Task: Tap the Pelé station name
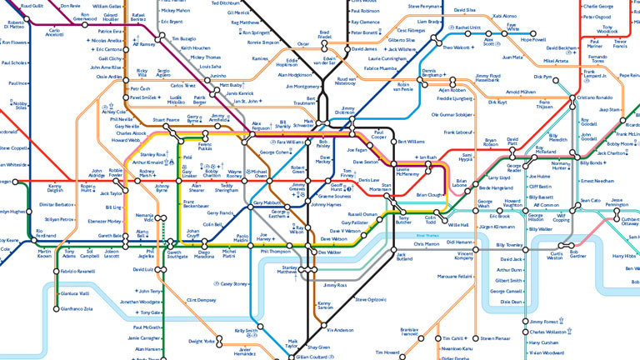coord(187,157)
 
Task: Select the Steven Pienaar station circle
coord(474,338)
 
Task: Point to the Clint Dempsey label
coord(201,300)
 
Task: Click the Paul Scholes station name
coord(14,62)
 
